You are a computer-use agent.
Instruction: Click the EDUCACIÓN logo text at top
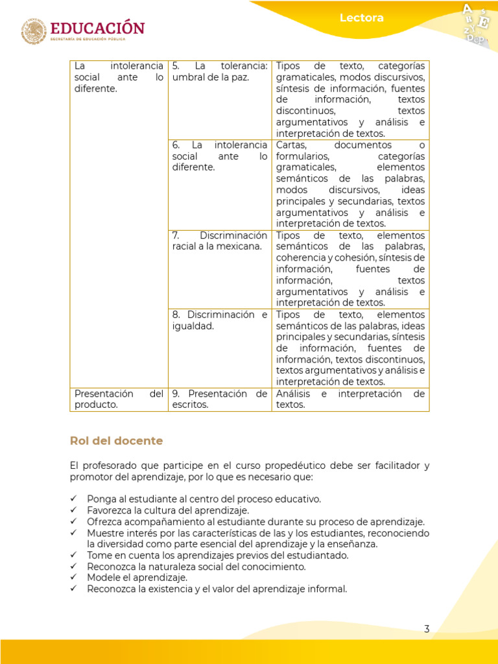97,28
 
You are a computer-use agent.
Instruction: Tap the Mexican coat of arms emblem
34,31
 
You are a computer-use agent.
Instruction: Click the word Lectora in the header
361,18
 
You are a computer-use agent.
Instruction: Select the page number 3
427,628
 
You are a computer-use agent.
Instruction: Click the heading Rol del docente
116,441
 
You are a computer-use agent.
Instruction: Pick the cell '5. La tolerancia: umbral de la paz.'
220,71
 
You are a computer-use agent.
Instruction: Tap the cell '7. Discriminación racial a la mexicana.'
220,241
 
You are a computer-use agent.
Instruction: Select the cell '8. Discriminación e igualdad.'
220,320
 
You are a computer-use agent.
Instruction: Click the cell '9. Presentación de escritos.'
220,399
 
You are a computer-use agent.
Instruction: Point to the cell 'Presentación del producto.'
119,399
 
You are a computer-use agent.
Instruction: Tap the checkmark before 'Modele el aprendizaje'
74,578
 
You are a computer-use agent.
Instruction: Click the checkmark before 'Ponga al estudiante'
74,499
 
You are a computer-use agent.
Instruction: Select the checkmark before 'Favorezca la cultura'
74,510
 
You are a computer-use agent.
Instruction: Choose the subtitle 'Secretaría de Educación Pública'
97,40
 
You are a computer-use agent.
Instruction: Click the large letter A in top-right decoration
466,9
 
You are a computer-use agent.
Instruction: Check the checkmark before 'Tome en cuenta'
74,555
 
